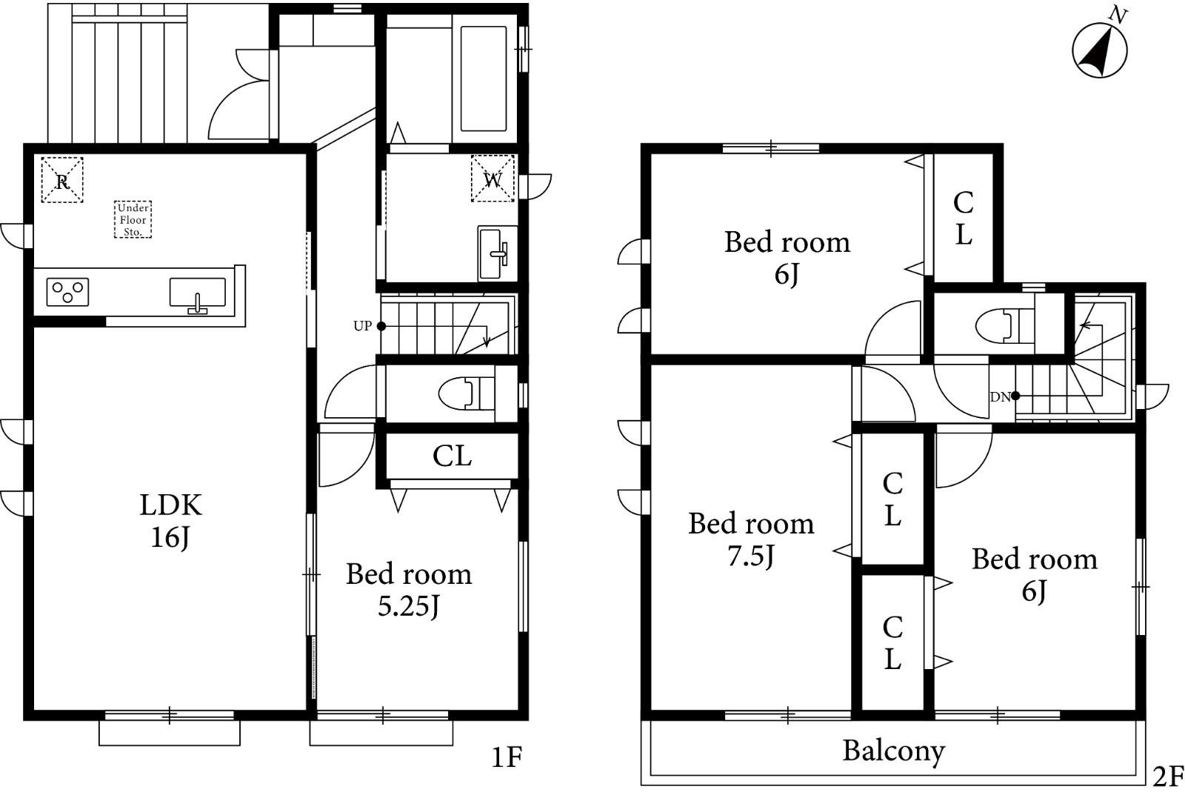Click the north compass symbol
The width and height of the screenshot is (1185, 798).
click(x=1099, y=50)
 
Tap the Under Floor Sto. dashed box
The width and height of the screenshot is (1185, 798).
click(x=133, y=219)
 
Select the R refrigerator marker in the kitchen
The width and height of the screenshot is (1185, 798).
click(x=62, y=179)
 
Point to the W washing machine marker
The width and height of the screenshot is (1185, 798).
click(x=493, y=179)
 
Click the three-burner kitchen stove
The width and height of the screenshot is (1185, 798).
click(x=67, y=292)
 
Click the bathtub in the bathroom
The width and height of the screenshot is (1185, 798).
click(x=484, y=79)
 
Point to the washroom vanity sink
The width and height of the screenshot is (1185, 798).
click(x=497, y=253)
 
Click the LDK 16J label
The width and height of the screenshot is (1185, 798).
click(x=170, y=521)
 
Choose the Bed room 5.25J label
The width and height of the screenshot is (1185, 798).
click(x=409, y=590)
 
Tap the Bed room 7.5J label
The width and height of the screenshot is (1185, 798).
click(x=751, y=539)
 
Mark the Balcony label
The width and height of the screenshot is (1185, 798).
click(x=893, y=751)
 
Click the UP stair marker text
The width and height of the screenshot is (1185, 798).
click(x=363, y=326)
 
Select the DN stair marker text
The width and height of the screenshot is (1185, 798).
click(x=1000, y=397)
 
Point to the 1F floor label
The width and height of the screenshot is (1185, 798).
click(x=507, y=757)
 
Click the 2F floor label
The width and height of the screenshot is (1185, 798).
click(x=1167, y=777)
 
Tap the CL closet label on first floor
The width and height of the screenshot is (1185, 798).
click(x=452, y=456)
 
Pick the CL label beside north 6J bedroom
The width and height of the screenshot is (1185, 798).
click(x=964, y=218)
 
